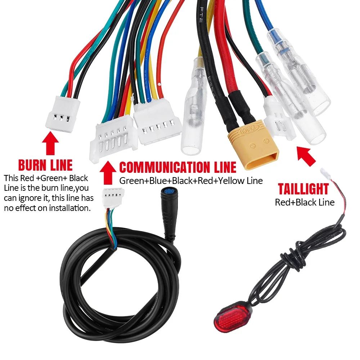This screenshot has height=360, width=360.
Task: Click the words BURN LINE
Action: [x=45, y=165]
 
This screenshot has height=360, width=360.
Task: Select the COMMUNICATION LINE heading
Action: [x=178, y=167]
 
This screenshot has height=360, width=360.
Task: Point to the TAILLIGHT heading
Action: [x=303, y=189]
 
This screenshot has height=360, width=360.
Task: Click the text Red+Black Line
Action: [x=305, y=202]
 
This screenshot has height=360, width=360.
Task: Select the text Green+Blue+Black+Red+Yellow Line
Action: [x=191, y=181]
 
